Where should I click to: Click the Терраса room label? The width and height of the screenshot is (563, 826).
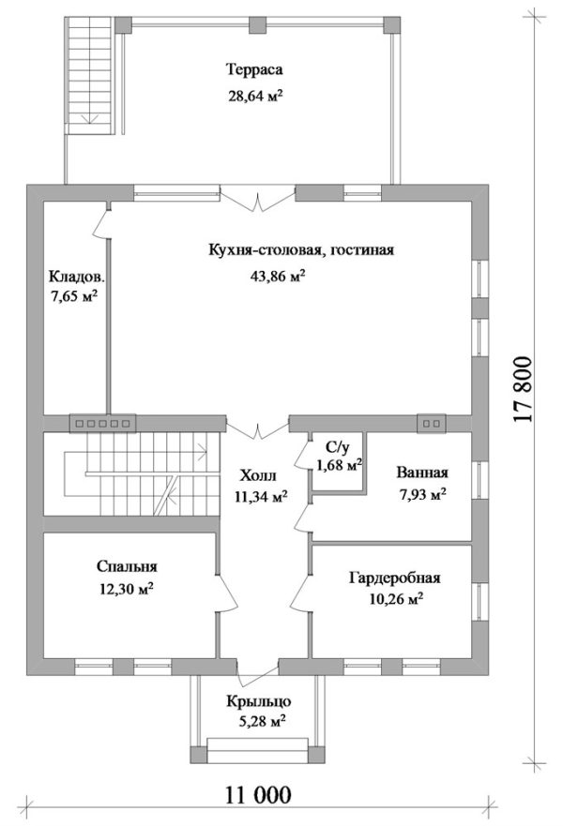[x=253, y=69]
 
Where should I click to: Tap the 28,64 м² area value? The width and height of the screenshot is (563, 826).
[x=255, y=95]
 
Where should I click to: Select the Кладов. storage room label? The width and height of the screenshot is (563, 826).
[x=76, y=277]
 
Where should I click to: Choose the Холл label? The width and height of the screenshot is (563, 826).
[x=257, y=474]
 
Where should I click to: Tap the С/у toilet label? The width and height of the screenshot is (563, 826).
[x=337, y=448]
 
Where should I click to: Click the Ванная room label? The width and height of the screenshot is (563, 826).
[x=420, y=473]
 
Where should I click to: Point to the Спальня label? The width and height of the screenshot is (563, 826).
[x=126, y=566]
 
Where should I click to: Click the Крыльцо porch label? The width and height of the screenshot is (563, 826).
[x=256, y=701]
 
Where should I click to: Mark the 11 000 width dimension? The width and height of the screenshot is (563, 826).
[x=259, y=796]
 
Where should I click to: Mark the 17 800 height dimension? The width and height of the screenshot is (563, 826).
[x=525, y=390]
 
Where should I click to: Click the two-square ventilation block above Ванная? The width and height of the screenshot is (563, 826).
[x=433, y=424]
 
